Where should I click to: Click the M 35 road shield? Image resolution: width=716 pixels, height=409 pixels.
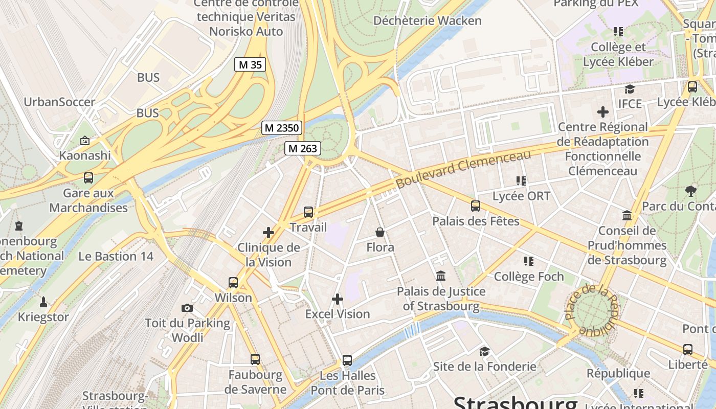click(x=250, y=64)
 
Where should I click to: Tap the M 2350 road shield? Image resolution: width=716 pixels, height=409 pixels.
click(x=282, y=128)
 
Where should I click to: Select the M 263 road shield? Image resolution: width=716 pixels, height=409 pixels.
click(x=303, y=148)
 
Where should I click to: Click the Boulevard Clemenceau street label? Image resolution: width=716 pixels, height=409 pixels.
click(x=464, y=169)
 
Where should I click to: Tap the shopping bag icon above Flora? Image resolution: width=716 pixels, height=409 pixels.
click(x=380, y=232)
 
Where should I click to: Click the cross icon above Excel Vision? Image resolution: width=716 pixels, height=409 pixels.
click(x=338, y=299)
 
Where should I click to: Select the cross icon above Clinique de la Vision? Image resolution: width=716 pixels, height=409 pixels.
click(x=268, y=233)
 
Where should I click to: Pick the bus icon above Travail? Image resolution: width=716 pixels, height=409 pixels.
click(x=308, y=212)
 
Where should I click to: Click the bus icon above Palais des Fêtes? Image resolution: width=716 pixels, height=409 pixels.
click(x=476, y=206)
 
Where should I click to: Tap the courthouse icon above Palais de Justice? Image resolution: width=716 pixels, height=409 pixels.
click(x=441, y=276)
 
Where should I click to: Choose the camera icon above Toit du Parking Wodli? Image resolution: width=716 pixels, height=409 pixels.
click(x=187, y=308)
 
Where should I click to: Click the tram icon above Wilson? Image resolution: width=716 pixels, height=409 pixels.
click(x=233, y=282)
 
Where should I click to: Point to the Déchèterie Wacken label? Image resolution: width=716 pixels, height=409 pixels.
click(x=428, y=21)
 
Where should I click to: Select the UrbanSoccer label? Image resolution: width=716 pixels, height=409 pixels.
click(x=59, y=102)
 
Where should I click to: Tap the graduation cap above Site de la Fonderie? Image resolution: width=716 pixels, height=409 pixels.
click(x=484, y=351)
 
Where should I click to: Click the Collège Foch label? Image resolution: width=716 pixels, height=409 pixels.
click(x=529, y=277)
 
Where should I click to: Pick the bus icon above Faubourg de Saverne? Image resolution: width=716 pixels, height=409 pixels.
click(x=255, y=359)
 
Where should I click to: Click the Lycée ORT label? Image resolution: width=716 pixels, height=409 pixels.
click(x=521, y=196)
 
